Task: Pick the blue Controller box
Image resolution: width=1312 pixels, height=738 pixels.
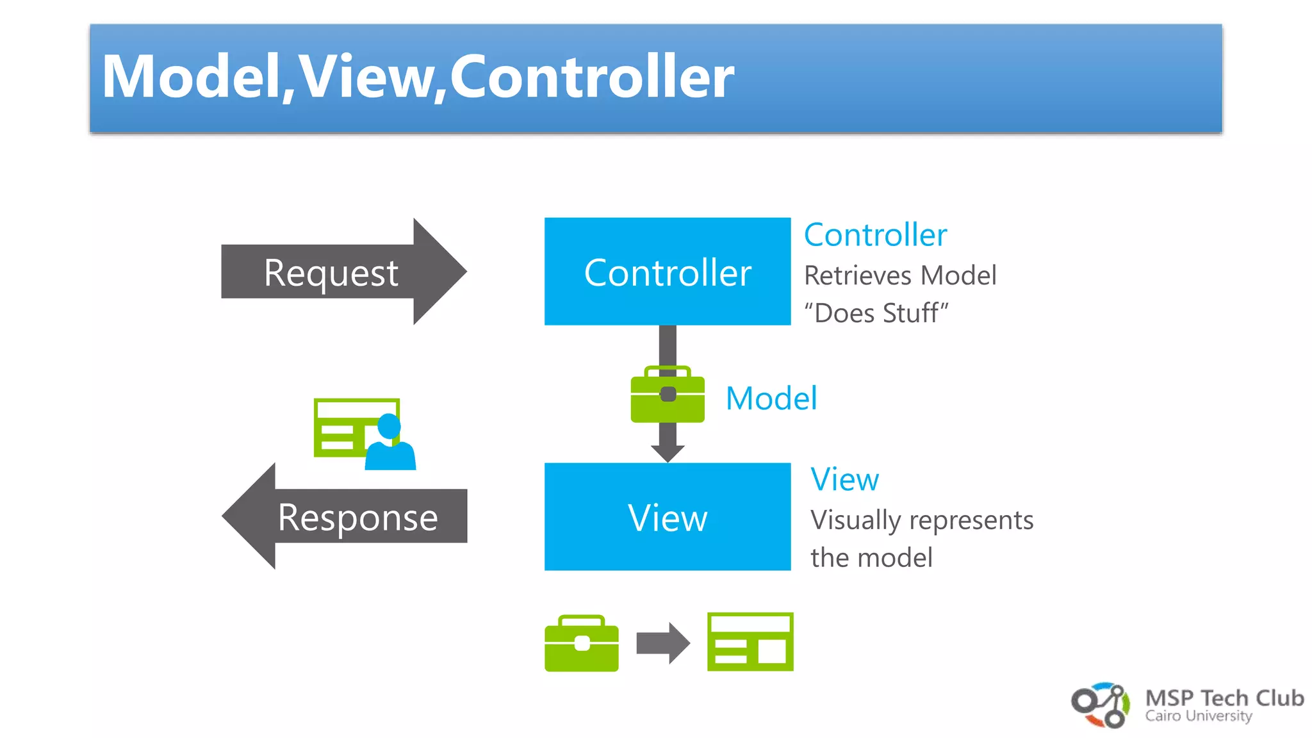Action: click(x=667, y=272)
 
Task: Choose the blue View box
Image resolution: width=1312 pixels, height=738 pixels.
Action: click(x=667, y=517)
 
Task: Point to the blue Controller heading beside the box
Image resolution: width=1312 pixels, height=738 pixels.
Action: click(x=875, y=235)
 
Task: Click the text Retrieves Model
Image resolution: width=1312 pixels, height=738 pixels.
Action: click(x=899, y=275)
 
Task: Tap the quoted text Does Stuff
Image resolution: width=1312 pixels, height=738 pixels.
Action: click(x=876, y=313)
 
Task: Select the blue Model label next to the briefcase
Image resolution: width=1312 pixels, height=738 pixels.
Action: click(x=771, y=398)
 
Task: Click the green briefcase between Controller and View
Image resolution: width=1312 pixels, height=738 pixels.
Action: click(x=667, y=396)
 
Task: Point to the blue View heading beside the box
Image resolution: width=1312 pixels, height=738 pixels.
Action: click(x=844, y=479)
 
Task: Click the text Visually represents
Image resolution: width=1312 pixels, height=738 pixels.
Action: click(x=921, y=520)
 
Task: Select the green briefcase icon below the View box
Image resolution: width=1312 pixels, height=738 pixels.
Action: click(x=581, y=643)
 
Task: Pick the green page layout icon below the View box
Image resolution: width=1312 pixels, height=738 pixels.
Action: click(x=750, y=642)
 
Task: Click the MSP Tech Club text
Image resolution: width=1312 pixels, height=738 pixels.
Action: click(x=1224, y=698)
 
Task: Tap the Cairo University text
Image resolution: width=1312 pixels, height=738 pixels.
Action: click(x=1198, y=716)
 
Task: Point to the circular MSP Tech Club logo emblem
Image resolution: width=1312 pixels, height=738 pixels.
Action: click(x=1101, y=705)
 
